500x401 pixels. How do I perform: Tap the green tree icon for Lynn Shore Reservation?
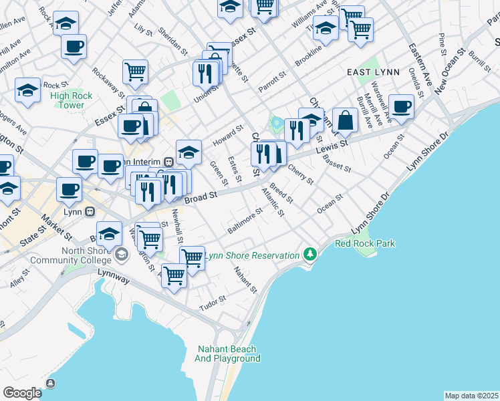point(309,255)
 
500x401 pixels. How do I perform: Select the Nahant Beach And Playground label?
point(228,354)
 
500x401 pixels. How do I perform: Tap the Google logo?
point(22,392)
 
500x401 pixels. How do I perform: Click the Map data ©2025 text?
point(471,396)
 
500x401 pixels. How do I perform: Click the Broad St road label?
point(201,197)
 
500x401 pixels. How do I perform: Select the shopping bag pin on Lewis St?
point(345,121)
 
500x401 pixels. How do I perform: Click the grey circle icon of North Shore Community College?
point(121,253)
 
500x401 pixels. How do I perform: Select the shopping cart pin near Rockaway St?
point(134,72)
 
